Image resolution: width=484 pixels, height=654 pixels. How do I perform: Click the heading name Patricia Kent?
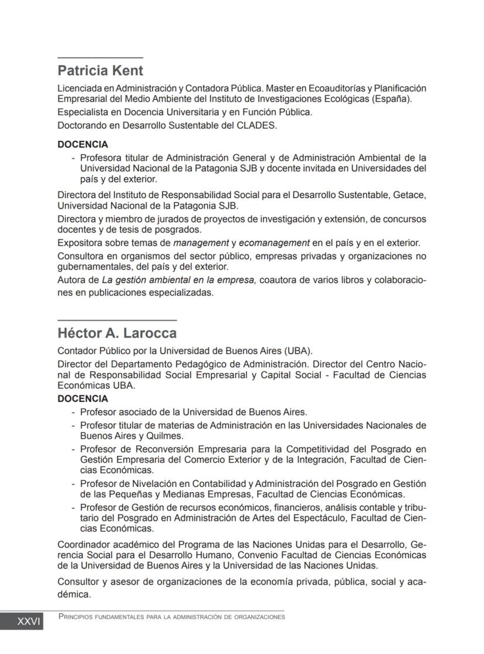click(x=100, y=71)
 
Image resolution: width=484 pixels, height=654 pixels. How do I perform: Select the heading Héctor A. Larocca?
click(x=117, y=334)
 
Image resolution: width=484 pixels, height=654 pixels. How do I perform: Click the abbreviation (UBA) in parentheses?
click(x=298, y=351)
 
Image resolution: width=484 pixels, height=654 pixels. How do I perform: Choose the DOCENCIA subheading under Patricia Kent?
click(x=82, y=144)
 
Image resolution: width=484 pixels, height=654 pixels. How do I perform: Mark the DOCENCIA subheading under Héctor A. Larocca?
click(x=82, y=399)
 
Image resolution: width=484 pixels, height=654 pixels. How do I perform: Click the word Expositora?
click(x=79, y=243)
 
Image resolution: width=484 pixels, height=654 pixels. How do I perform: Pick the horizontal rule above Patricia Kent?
click(x=100, y=58)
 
